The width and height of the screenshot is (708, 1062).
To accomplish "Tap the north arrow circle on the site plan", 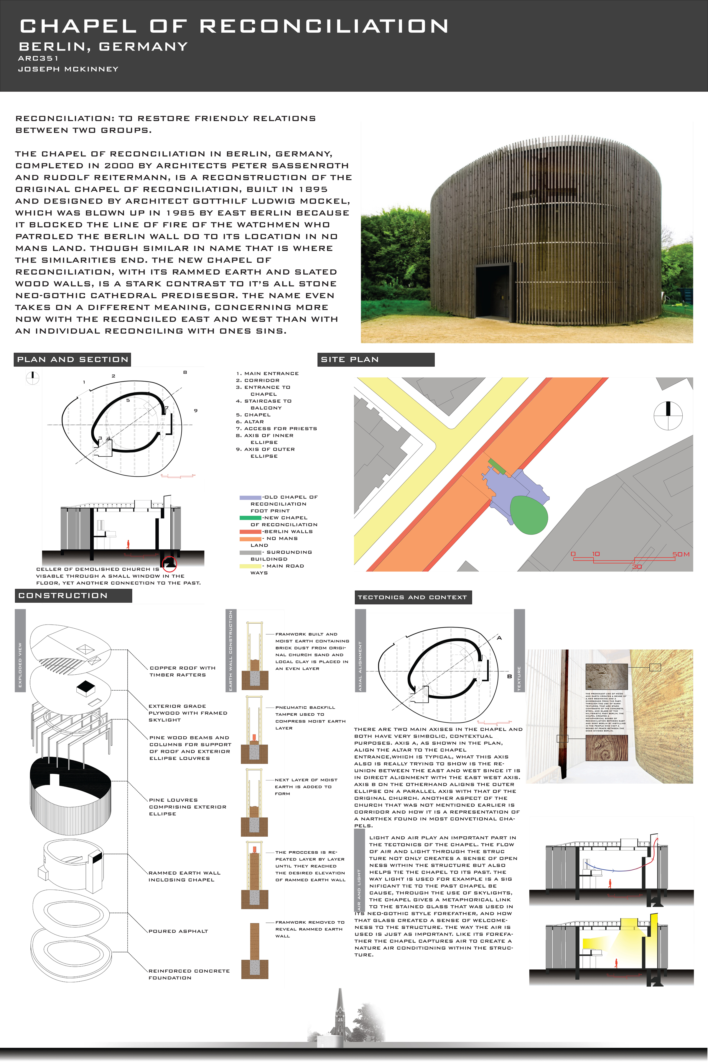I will coord(668,415).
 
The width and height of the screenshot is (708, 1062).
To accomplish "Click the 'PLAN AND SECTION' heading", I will coord(72,360).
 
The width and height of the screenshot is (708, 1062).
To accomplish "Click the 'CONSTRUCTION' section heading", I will coord(63,596).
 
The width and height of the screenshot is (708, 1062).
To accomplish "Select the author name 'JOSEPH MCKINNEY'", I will coord(68,69).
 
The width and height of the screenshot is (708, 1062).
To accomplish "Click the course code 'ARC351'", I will coord(38,58).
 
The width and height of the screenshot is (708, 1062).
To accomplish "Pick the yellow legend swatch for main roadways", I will coord(250,566).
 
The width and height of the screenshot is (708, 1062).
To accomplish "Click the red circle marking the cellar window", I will coord(169,563).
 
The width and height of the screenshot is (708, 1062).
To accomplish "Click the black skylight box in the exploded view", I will coord(86,687).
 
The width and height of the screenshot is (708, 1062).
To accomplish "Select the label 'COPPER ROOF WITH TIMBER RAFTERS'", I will coord(182,671).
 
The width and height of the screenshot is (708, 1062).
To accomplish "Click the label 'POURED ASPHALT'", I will coord(178,931).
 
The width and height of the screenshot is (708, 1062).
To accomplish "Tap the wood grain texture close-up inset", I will coord(606,748).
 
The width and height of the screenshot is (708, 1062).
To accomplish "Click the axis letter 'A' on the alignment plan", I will coord(499,638).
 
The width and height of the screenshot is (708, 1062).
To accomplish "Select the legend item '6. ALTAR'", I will coord(250,422).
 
